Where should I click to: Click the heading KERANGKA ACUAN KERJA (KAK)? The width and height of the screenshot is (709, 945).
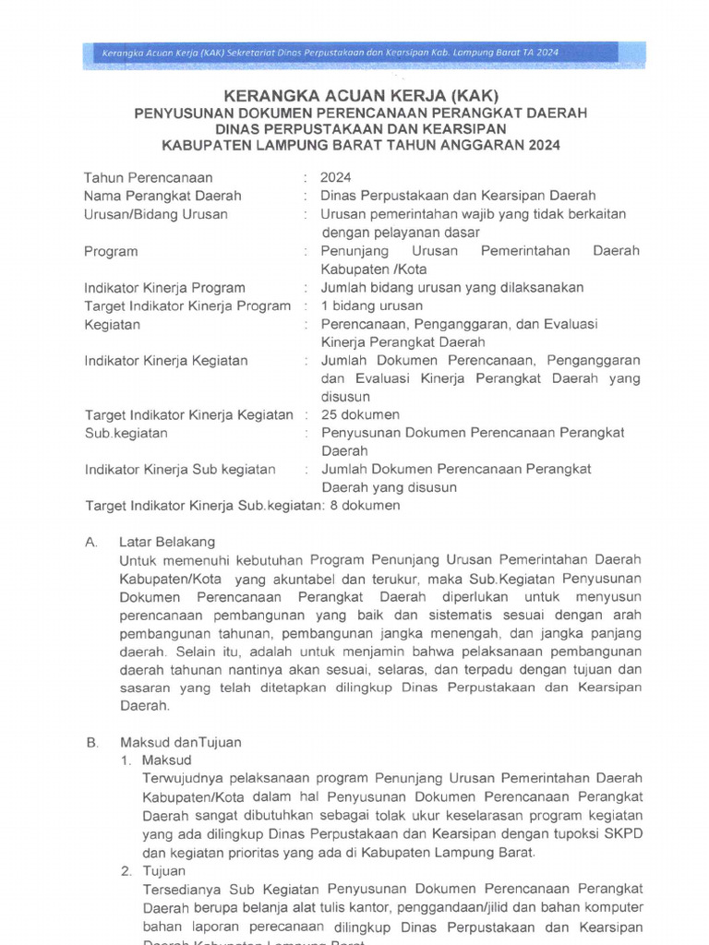[361, 95]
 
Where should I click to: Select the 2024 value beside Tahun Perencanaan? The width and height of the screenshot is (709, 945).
[335, 177]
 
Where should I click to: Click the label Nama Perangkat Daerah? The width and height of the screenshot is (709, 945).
[162, 196]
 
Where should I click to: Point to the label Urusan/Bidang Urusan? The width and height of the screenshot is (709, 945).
[156, 214]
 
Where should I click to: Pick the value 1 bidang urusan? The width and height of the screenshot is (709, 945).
[372, 305]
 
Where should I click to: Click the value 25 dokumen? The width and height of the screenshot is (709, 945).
[360, 414]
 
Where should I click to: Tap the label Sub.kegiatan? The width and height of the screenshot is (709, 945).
[126, 433]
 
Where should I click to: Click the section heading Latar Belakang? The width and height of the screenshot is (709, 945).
[167, 542]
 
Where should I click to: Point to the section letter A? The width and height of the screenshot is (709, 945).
[90, 542]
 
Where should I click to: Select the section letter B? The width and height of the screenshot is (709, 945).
[90, 742]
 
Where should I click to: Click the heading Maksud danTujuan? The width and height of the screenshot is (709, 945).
[181, 742]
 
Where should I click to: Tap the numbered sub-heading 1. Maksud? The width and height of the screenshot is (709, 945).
[156, 760]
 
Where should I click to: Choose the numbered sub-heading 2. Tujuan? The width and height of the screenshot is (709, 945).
[154, 870]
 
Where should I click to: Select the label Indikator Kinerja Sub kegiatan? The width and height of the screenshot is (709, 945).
[180, 469]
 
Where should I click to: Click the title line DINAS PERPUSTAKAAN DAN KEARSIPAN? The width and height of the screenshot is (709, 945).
[361, 129]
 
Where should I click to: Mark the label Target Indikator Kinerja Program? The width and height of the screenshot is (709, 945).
[187, 305]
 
